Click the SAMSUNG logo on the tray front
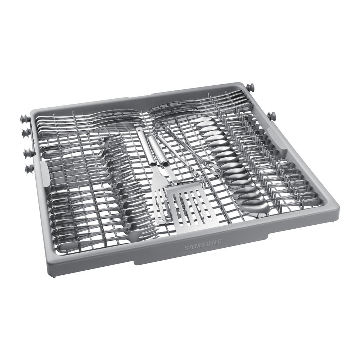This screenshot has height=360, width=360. click(203, 246)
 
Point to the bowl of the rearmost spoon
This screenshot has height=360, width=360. click(204, 122)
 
